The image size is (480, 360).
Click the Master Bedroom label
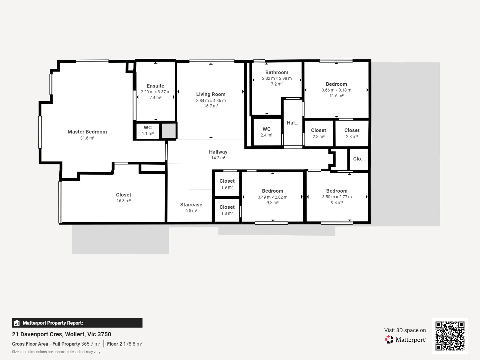(x=87, y=132)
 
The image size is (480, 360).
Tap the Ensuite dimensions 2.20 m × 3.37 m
(x=155, y=92)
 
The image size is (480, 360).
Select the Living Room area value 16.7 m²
(x=211, y=106)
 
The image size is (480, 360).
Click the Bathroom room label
(x=277, y=72)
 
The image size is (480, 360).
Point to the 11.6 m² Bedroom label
(x=336, y=84)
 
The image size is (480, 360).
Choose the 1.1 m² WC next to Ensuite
(x=148, y=130)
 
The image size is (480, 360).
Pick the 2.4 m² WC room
(x=266, y=132)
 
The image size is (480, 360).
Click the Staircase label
(x=191, y=205)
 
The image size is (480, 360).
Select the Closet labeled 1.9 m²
(x=227, y=184)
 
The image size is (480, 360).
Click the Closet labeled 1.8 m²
(x=227, y=210)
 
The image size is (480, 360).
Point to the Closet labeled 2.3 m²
(x=318, y=133)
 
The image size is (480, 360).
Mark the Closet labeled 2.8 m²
(x=352, y=133)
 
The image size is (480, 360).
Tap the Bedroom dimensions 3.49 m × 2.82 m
(x=272, y=197)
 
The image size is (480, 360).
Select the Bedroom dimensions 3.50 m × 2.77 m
(x=337, y=197)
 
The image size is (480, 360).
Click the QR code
(x=450, y=336)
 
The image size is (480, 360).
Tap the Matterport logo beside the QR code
(x=405, y=340)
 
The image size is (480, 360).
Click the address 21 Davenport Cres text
(x=62, y=334)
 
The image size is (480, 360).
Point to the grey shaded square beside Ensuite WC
(x=169, y=131)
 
